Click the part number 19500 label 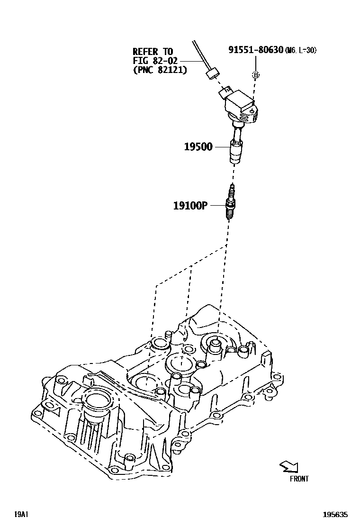tap(198, 147)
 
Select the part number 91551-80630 tap(256, 50)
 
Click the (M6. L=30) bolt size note tap(301, 50)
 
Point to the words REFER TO tap(153, 52)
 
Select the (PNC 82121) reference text tap(160, 70)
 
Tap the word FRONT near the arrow tap(299, 479)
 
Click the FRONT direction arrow tap(288, 467)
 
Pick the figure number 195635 tap(335, 514)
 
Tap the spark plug tap(231, 203)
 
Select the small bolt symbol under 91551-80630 tap(255, 75)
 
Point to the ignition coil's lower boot tap(236, 151)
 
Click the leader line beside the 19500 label tap(221, 147)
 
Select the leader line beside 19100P tap(217, 205)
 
